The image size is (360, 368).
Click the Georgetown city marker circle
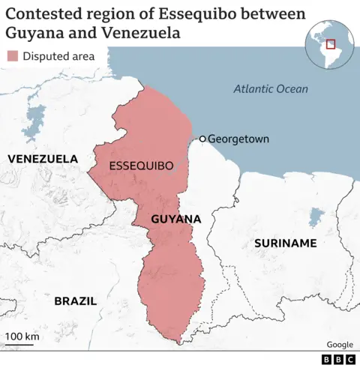point(202,139)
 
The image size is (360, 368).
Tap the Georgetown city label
point(238,139)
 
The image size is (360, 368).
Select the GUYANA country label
point(175,219)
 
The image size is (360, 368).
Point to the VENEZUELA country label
point(42,159)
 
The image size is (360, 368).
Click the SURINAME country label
point(285,243)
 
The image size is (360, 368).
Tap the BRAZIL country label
point(75,301)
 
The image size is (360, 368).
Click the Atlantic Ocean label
point(270,88)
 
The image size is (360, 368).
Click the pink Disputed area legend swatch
point(12,56)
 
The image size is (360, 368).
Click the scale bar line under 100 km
point(22,347)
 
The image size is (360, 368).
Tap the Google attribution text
point(339,344)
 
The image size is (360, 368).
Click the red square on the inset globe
point(330,43)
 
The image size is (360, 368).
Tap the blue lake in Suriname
point(316,218)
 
